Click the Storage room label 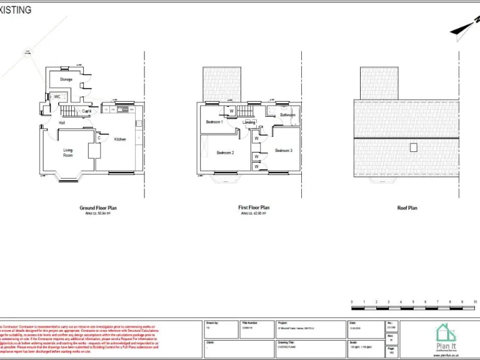point(66,79)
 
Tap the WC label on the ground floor point(57,97)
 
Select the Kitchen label point(119,139)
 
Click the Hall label point(62,122)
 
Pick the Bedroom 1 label point(214,122)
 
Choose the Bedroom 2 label point(225,152)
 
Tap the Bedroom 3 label point(284,151)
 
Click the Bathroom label point(287,115)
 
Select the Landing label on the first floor point(249,122)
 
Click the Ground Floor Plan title point(98,207)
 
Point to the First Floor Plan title point(254,207)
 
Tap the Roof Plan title point(407,208)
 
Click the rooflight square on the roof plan point(413,147)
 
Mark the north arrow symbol point(462,27)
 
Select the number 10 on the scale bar point(476,301)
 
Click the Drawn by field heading point(211,323)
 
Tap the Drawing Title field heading point(286,342)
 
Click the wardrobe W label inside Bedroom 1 point(231,111)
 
